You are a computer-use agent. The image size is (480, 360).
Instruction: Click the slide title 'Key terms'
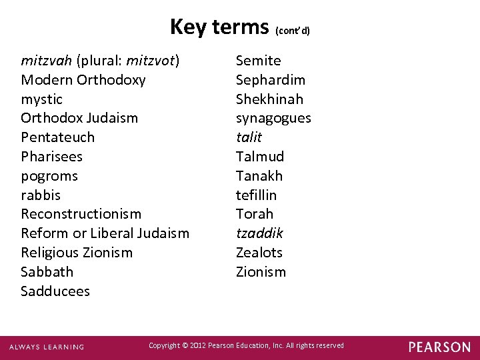tap(219, 27)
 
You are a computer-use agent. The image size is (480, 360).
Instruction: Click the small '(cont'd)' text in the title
tap(293, 31)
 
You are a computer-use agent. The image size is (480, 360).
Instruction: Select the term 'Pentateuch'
tap(58, 137)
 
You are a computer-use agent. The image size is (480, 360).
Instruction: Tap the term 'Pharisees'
tap(52, 157)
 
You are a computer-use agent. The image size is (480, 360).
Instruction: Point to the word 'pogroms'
tap(49, 176)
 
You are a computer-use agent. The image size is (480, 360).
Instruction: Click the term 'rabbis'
tap(41, 195)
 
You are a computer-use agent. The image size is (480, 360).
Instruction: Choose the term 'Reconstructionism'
tap(81, 214)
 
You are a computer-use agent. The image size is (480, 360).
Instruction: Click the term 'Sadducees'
tap(55, 291)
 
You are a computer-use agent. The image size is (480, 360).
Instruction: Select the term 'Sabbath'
tap(47, 272)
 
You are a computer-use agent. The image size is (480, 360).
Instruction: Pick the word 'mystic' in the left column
tap(42, 99)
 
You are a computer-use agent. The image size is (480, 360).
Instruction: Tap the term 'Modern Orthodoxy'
tap(83, 80)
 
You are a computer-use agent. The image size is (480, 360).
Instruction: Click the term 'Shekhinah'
tap(269, 99)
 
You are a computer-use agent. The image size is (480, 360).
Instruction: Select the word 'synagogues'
tap(273, 119)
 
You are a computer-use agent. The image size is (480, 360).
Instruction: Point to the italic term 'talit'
tap(249, 137)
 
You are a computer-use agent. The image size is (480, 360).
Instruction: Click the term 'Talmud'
tap(260, 157)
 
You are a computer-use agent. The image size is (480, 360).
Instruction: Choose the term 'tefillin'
tap(256, 195)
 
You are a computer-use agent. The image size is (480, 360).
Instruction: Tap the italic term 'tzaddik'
tap(259, 233)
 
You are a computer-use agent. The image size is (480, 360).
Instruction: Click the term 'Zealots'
tap(259, 253)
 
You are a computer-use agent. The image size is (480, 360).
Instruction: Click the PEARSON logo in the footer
tap(439, 347)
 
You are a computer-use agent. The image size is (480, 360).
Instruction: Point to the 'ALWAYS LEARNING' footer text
tap(47, 347)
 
